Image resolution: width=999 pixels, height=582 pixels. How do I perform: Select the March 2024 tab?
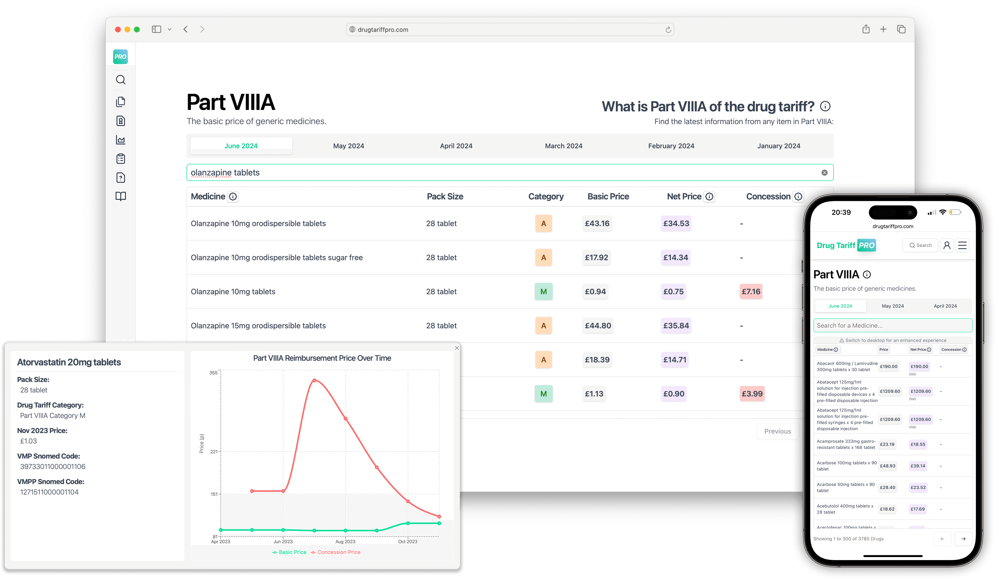click(563, 146)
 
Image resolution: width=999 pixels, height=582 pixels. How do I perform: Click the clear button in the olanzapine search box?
click(824, 172)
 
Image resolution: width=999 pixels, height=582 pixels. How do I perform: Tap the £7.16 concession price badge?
click(751, 291)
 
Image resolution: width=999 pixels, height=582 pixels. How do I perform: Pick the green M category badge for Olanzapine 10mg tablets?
click(543, 291)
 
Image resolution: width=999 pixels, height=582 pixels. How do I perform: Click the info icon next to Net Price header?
click(709, 197)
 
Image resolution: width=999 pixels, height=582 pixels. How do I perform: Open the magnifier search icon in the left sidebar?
click(120, 80)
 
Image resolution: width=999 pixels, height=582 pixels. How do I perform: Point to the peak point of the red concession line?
click(314, 380)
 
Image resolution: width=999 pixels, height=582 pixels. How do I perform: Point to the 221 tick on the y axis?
click(214, 452)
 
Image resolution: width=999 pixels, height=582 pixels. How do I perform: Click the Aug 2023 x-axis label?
click(345, 542)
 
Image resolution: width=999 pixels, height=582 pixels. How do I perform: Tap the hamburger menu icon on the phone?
click(962, 245)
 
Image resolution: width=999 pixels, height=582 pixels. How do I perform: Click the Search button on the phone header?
click(920, 245)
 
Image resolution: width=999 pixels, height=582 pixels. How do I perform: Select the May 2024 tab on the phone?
click(892, 306)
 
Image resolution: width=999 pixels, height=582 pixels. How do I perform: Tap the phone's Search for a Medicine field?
click(892, 325)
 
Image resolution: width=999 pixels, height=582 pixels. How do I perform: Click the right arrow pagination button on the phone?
click(963, 539)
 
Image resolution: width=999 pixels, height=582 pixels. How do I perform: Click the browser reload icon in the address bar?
click(668, 30)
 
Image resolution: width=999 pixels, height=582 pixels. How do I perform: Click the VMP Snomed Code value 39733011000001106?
click(53, 467)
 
